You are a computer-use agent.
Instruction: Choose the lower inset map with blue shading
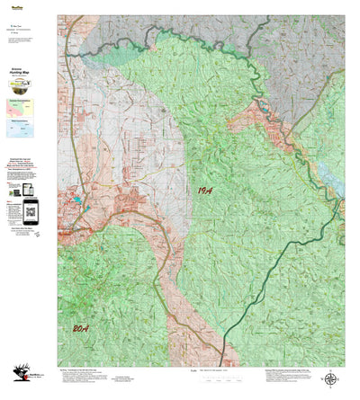19,128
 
